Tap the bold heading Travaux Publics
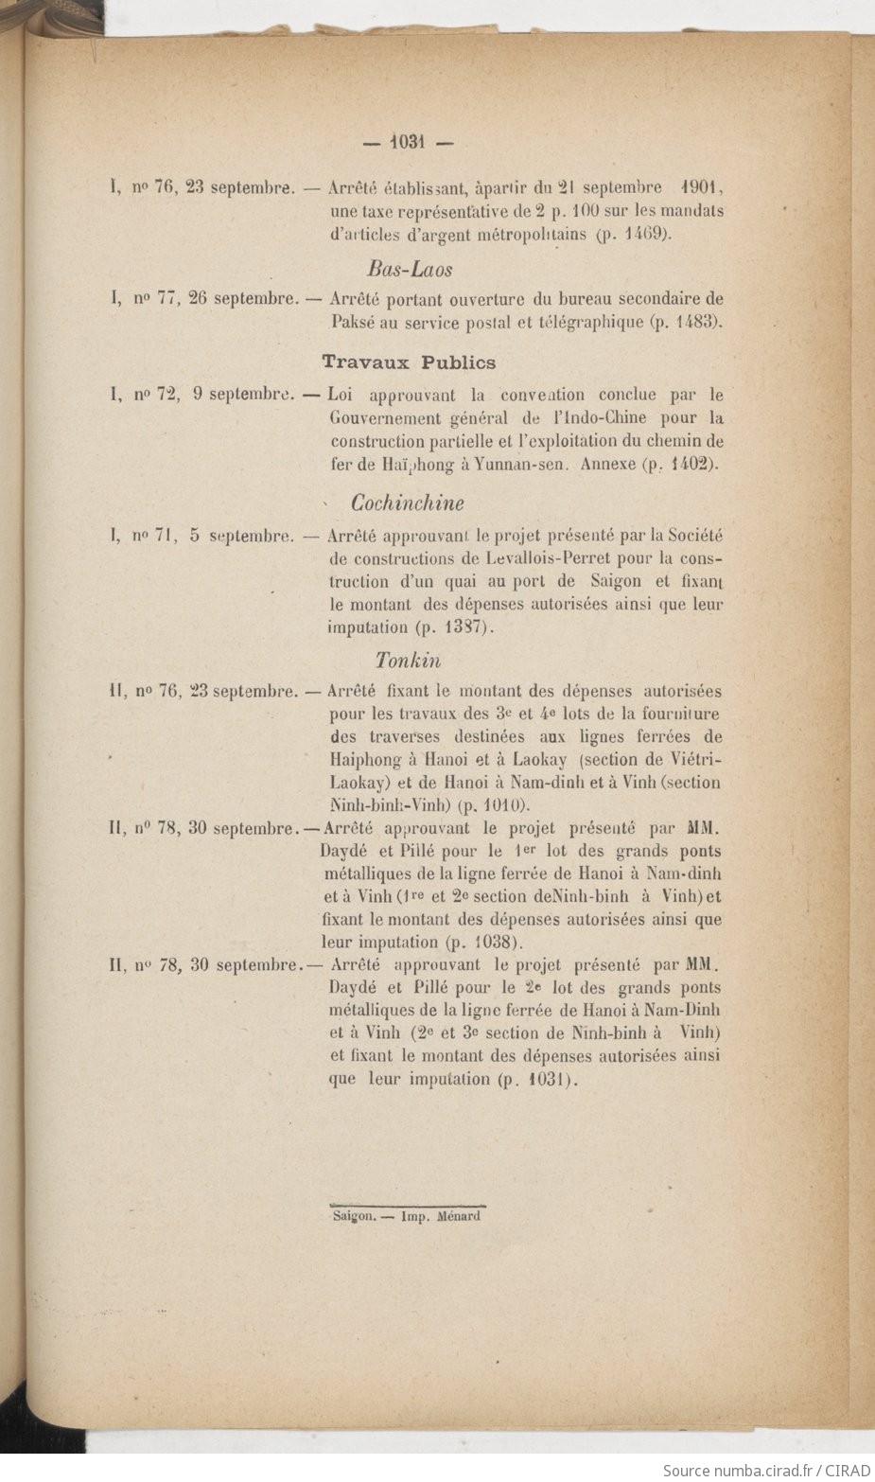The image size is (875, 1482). coord(409,362)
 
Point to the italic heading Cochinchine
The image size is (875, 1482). coord(408,503)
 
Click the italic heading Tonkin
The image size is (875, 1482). coord(408,660)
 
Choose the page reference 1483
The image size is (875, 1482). coord(696,323)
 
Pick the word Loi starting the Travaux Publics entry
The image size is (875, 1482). coord(340,395)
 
